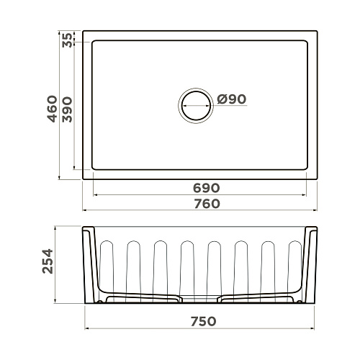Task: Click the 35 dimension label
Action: (x=67, y=40)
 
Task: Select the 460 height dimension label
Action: (x=52, y=109)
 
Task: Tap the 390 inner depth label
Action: (x=67, y=109)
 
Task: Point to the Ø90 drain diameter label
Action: (x=232, y=99)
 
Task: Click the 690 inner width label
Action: (x=207, y=188)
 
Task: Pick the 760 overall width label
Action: (x=207, y=204)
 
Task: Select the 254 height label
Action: (x=48, y=261)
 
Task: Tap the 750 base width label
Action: (x=204, y=321)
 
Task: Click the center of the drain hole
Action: (x=196, y=106)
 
